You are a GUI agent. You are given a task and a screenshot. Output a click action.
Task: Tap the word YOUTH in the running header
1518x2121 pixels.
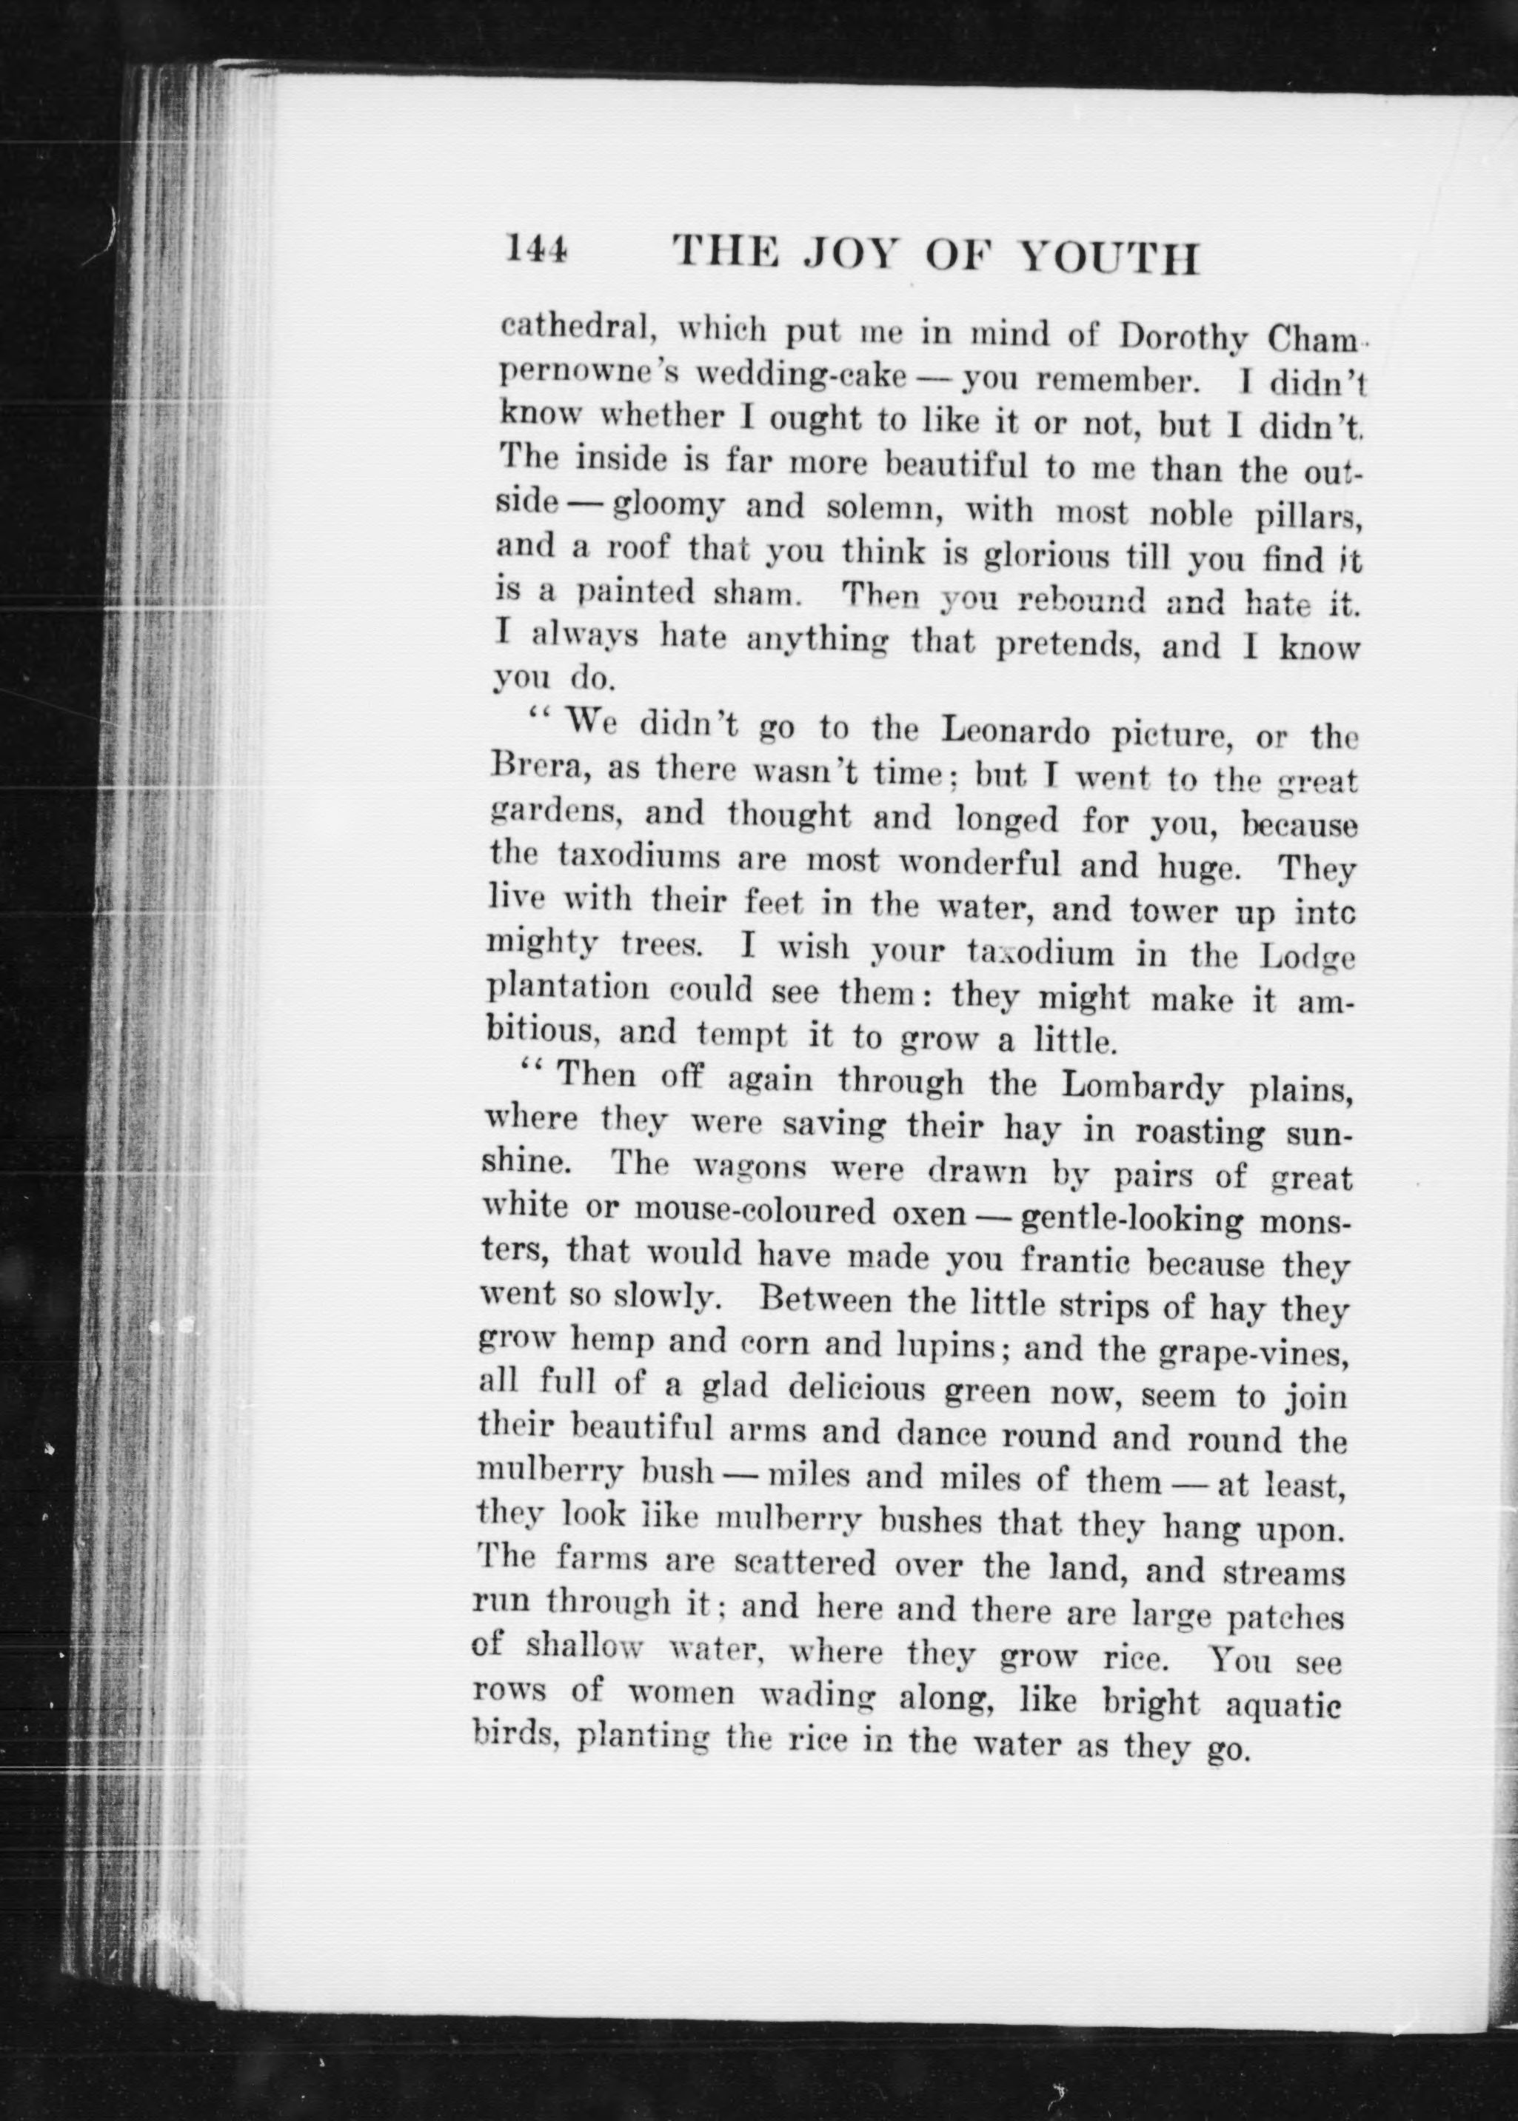point(1105,257)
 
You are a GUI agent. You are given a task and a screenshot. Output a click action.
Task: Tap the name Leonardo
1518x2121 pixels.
point(1014,731)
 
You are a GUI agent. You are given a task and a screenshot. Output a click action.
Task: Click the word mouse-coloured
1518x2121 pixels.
point(756,1212)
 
